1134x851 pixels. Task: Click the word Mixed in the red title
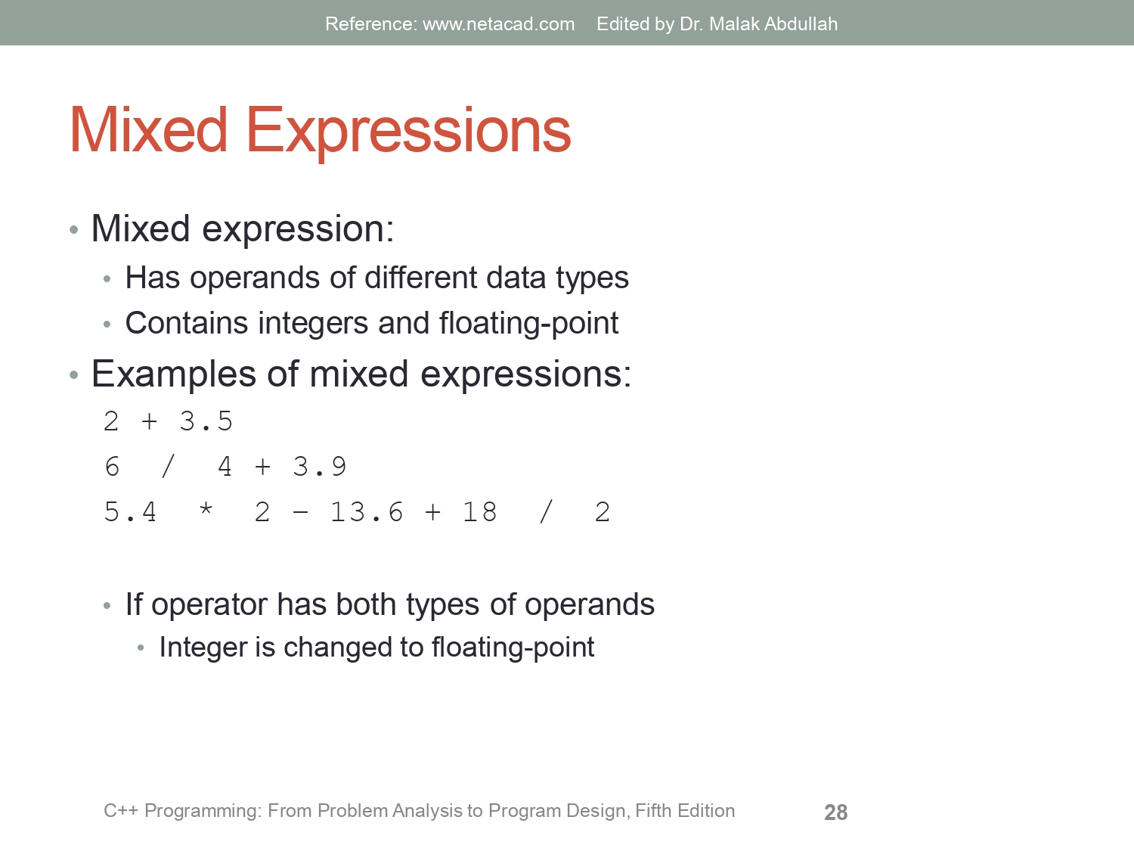coord(148,130)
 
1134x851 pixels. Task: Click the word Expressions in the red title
coord(408,132)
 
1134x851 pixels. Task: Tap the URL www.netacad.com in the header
coord(498,24)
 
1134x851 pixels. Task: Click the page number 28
coord(835,812)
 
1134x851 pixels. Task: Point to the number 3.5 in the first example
coord(206,421)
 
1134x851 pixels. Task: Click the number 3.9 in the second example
coord(319,467)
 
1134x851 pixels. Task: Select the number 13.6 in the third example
coord(367,512)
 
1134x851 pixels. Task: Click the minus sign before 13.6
coord(300,513)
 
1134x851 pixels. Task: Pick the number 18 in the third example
coord(479,512)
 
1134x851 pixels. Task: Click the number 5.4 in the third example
coord(130,512)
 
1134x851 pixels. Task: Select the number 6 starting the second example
coord(112,467)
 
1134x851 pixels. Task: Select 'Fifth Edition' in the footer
coord(684,811)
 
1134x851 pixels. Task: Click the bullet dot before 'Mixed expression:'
coord(73,230)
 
